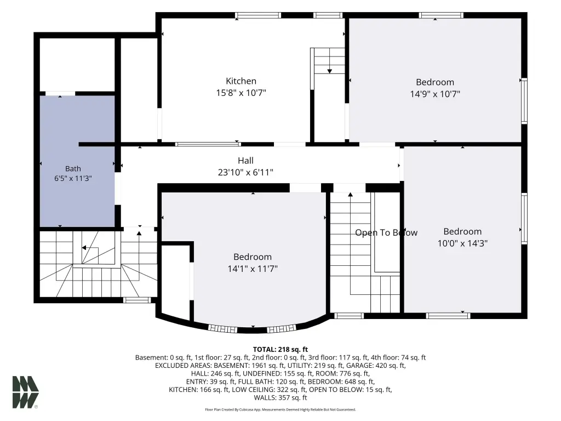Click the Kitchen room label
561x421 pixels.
pos(241,81)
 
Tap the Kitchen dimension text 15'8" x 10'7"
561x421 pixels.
pos(241,93)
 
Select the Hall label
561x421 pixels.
pos(245,161)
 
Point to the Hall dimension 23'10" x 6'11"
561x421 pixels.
pos(245,172)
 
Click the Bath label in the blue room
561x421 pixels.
pos(73,169)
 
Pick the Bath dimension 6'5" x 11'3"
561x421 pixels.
pos(73,178)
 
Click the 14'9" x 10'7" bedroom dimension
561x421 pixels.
pos(435,94)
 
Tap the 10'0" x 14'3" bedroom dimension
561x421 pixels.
pos(462,243)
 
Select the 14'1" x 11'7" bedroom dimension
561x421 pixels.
pos(253,269)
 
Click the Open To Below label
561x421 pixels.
pos(386,232)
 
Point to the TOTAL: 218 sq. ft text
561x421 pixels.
pos(280,349)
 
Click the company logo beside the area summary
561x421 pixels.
pos(25,392)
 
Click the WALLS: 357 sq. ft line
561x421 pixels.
pos(280,397)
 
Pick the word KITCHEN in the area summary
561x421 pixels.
pos(182,390)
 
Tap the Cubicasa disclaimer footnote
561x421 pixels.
pos(280,409)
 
